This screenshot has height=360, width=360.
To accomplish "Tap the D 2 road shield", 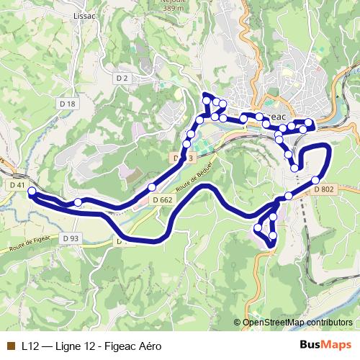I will [121, 78].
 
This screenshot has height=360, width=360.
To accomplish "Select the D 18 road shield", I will [68, 104].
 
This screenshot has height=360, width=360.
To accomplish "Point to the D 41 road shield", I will [17, 185].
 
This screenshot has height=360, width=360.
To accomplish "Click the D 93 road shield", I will [71, 238].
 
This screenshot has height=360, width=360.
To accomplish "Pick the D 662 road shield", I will [162, 199].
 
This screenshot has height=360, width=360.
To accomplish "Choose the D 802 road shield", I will [324, 189].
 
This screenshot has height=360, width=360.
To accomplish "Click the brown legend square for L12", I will [9, 345].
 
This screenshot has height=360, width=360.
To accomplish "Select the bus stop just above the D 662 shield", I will [152, 188].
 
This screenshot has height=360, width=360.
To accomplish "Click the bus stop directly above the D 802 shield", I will [315, 180].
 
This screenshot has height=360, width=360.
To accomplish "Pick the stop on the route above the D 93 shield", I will [78, 203].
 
